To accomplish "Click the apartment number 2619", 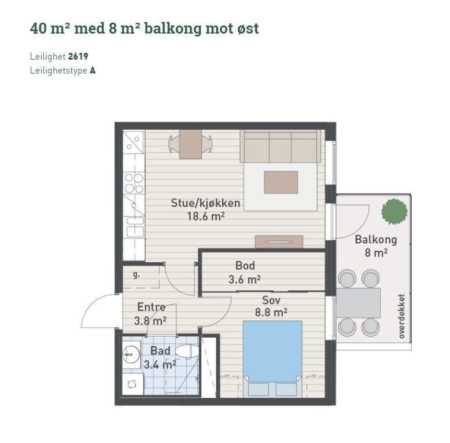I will [x=78, y=57].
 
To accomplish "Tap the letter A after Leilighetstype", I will [x=93, y=71].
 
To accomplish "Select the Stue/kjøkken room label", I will [x=205, y=203].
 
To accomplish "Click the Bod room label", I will [x=245, y=266].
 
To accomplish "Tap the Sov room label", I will [x=271, y=300].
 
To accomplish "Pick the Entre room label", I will [x=152, y=307].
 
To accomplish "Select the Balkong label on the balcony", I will [x=375, y=240].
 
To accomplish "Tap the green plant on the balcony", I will [x=394, y=211].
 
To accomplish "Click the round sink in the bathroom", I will [x=131, y=352].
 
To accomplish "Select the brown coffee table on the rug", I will [x=281, y=182].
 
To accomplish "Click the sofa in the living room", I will [x=281, y=147].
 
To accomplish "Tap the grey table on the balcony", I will [x=359, y=303].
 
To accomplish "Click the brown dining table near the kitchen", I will [x=190, y=144].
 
